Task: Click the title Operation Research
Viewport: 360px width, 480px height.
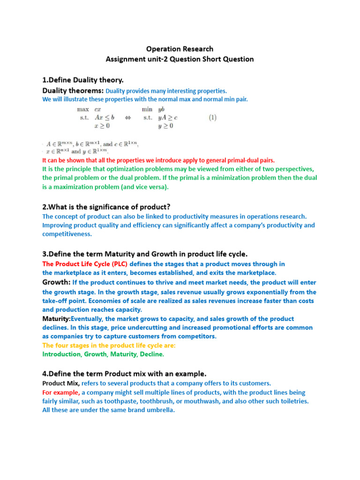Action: (x=180, y=49)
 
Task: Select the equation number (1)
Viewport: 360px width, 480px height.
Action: (x=212, y=117)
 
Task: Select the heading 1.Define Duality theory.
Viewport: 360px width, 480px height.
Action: (x=83, y=80)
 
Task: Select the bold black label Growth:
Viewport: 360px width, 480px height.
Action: (x=57, y=282)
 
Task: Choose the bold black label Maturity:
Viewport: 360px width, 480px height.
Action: (x=57, y=319)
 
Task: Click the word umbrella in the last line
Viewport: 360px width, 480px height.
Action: (x=159, y=410)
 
